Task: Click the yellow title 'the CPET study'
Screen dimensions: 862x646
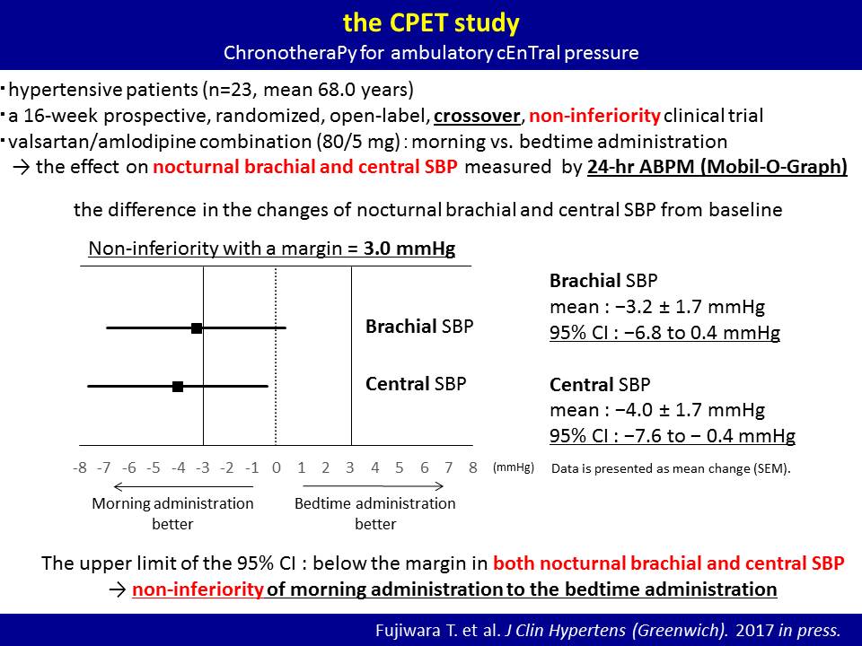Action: (431, 23)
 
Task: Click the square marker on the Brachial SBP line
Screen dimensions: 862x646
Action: (197, 328)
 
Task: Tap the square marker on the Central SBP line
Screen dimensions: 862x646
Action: (178, 386)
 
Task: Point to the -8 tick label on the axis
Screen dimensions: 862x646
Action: (80, 467)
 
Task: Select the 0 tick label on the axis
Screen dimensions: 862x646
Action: (276, 467)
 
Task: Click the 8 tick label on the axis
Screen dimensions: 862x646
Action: (473, 467)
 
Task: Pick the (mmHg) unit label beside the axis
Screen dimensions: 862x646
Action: (514, 467)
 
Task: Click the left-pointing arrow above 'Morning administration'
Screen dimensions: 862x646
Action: (183, 486)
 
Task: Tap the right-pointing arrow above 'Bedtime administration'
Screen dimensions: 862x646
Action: (374, 485)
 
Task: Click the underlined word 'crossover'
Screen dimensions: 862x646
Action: (477, 116)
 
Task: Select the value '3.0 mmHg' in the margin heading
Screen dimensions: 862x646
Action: (409, 249)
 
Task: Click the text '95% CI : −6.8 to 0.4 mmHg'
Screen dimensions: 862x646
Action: (664, 332)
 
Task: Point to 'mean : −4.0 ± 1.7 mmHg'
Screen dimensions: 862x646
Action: (657, 410)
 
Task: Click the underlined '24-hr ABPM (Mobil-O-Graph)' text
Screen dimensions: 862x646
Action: (717, 167)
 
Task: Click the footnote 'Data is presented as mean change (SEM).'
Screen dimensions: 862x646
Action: (671, 468)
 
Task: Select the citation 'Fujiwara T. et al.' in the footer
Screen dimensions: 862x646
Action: (437, 630)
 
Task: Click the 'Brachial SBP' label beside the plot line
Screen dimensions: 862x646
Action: (419, 327)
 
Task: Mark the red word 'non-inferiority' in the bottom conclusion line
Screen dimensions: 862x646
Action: (198, 589)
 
